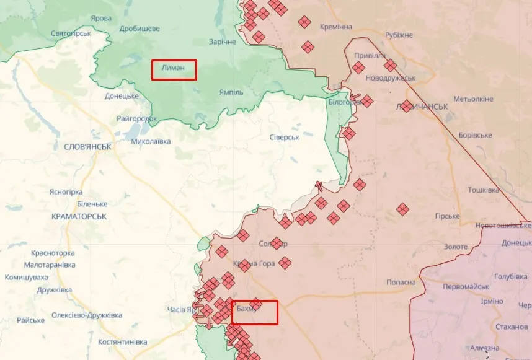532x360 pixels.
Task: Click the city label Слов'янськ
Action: coord(87,147)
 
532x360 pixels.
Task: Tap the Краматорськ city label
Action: coord(80,216)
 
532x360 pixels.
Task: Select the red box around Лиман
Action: coord(174,69)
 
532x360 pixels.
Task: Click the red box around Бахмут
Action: coord(255,312)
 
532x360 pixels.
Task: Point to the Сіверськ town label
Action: coord(285,137)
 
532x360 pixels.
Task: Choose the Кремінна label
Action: coord(336,27)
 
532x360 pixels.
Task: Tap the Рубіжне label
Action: coord(400,36)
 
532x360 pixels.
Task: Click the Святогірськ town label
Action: coord(71,32)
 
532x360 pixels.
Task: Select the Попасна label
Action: coord(401,282)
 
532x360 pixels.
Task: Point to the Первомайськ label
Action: coord(466,287)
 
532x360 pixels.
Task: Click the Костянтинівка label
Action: coord(123,342)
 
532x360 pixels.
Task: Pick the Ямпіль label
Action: coord(231,92)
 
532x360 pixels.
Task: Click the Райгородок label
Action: coord(137,118)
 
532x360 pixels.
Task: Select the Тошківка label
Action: coord(483,190)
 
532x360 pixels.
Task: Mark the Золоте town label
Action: coord(456,247)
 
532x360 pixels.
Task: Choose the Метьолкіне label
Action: coord(473,99)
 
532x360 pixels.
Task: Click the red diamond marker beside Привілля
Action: coord(358,67)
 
